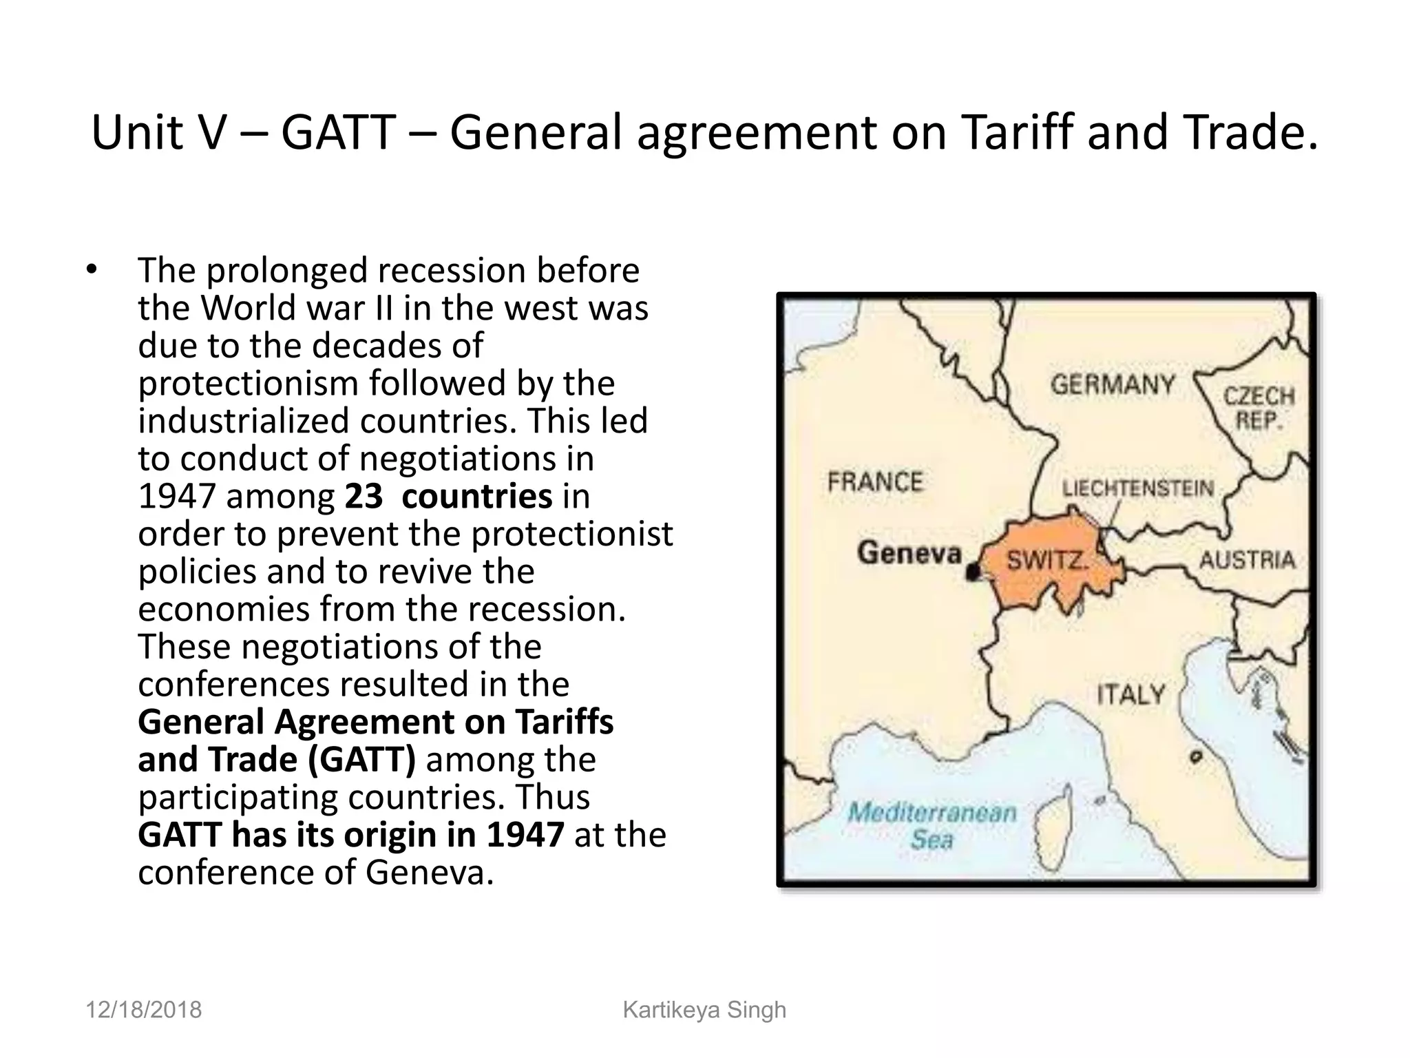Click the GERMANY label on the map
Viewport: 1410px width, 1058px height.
coord(1112,384)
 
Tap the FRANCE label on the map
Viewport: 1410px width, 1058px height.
coord(874,481)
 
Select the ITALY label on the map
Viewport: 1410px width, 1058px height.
coord(1130,694)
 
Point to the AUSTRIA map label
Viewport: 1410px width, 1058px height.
coord(1247,560)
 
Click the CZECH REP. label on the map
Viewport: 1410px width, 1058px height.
coord(1259,408)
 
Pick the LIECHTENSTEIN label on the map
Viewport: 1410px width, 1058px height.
coord(1137,488)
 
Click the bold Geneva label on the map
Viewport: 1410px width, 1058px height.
coord(909,552)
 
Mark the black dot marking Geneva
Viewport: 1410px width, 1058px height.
coord(973,572)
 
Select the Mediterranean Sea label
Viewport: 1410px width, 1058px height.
coord(932,825)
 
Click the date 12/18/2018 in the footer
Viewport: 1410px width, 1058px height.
coord(143,1010)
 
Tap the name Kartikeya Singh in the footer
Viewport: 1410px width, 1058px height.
coord(704,1010)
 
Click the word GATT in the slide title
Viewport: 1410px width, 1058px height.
coord(338,132)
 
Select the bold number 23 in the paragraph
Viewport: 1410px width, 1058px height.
coord(364,497)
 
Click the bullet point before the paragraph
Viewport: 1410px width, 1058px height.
coord(92,269)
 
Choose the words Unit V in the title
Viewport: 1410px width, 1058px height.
coord(158,132)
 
